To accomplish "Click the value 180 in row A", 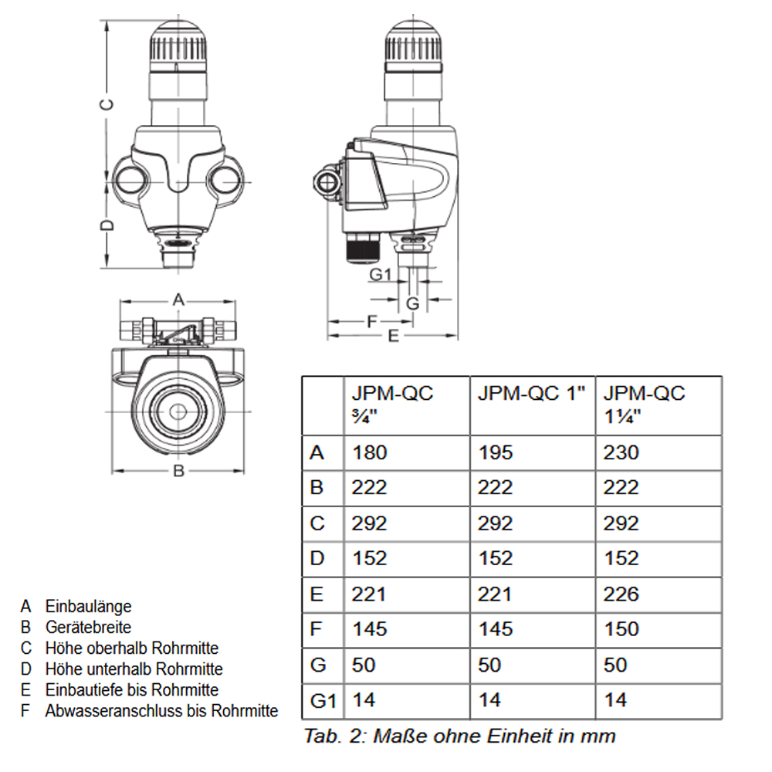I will pyautogui.click(x=370, y=452).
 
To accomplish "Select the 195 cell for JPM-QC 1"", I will pyautogui.click(x=495, y=452).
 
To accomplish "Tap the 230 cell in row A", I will pyautogui.click(x=621, y=452).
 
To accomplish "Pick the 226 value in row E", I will pyautogui.click(x=621, y=594).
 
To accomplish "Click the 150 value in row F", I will pyautogui.click(x=621, y=629).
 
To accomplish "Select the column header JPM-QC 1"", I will pyautogui.click(x=531, y=393).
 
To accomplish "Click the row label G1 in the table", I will pyautogui.click(x=323, y=701).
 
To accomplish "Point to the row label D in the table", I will pyautogui.click(x=317, y=558).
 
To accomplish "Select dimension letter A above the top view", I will pyautogui.click(x=178, y=299).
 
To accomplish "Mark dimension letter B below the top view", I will pyautogui.click(x=178, y=471).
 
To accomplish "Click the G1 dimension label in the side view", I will pyautogui.click(x=381, y=274).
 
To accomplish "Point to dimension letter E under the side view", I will pyautogui.click(x=393, y=336).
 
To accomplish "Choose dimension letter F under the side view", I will pyautogui.click(x=371, y=320).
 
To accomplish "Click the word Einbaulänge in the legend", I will pyautogui.click(x=88, y=606).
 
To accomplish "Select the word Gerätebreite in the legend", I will pyautogui.click(x=88, y=627).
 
